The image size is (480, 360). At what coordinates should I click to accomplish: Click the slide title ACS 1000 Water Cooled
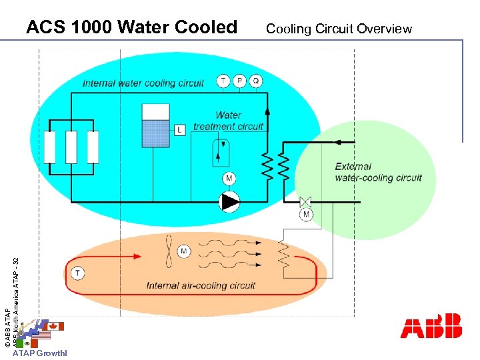click(131, 27)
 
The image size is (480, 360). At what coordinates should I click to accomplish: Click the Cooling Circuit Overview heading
click(339, 29)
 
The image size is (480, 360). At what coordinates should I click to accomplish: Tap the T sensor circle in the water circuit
click(223, 81)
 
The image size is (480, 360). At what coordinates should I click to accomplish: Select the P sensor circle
click(239, 81)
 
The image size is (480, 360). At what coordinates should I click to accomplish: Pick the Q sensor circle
click(256, 81)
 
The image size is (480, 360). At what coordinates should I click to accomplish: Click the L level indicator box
click(180, 130)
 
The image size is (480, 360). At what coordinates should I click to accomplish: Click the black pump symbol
click(229, 201)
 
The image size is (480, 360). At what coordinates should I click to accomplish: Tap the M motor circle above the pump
click(229, 179)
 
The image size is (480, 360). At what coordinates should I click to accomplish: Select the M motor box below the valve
click(306, 215)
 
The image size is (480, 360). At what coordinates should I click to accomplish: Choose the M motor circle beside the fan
click(183, 251)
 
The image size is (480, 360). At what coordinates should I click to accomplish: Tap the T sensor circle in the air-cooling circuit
click(78, 273)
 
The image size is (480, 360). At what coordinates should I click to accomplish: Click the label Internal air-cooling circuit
click(201, 286)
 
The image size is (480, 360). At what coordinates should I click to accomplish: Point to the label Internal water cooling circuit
click(143, 83)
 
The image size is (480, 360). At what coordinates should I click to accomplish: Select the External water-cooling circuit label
click(378, 172)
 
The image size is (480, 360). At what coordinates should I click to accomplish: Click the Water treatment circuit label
click(229, 121)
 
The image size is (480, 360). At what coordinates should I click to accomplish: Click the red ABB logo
click(431, 326)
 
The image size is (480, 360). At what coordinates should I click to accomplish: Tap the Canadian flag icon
click(53, 326)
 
